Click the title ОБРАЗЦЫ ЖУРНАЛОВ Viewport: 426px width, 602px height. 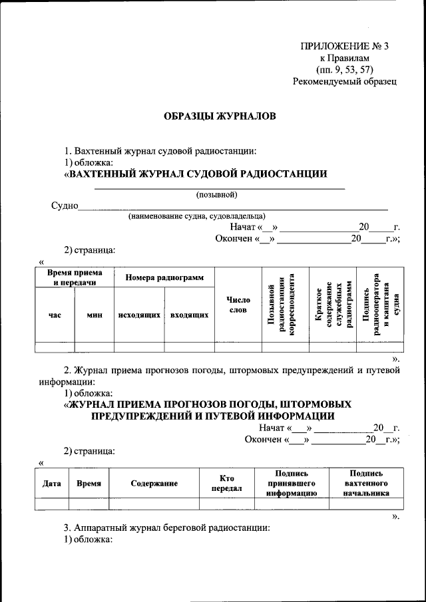[x=220, y=116]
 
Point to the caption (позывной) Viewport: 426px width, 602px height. [x=216, y=195]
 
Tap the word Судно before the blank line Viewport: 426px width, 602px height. [x=65, y=205]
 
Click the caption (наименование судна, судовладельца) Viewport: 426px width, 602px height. [x=197, y=216]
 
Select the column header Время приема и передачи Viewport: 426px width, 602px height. [x=75, y=277]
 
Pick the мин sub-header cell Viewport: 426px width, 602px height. [x=94, y=315]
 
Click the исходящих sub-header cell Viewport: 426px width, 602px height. [x=139, y=315]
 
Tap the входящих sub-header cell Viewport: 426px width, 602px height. [x=189, y=315]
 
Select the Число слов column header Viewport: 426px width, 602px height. [x=238, y=304]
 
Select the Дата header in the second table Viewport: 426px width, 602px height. [x=52, y=484]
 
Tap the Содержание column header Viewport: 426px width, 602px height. [x=154, y=484]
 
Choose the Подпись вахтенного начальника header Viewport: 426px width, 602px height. [x=363, y=483]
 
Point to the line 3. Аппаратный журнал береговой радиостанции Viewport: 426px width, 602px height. [x=167, y=527]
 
